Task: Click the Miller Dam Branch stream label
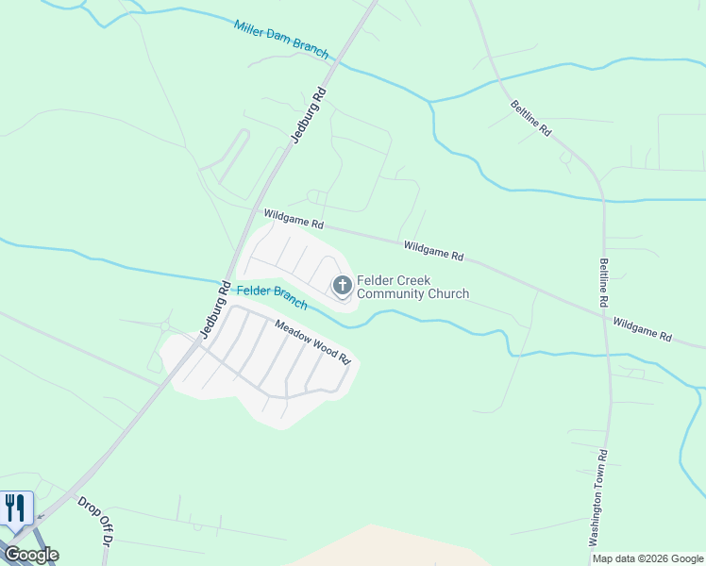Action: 281,39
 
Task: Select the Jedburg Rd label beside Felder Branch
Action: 215,308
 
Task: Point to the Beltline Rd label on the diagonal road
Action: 530,119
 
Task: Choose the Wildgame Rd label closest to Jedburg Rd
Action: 294,220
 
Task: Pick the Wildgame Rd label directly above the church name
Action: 433,250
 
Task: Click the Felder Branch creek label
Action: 272,297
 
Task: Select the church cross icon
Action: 341,284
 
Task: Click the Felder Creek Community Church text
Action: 412,287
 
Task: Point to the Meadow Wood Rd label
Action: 312,342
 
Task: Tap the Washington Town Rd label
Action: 598,497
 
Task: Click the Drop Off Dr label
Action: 94,521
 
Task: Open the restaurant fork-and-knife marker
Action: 15,508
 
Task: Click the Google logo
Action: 30,555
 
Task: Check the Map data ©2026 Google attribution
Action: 648,559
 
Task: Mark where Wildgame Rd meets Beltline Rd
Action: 603,316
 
